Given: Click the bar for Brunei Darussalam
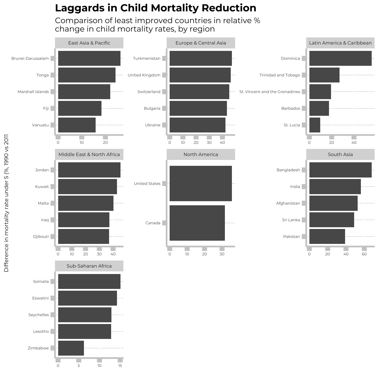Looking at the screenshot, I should tap(89, 58).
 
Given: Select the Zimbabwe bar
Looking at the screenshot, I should tap(71, 348).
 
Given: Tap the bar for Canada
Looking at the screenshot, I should tap(197, 223).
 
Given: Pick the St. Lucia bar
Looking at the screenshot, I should tap(315, 125).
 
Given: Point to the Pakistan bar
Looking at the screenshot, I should tap(327, 236).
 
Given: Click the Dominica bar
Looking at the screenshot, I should tap(340, 58).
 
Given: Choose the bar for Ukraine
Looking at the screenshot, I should tap(197, 125).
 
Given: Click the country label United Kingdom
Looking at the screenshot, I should tap(144, 75).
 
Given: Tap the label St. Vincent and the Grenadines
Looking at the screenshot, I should tap(270, 92).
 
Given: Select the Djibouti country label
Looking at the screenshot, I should tap(41, 237).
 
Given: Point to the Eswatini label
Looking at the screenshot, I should tap(40, 298).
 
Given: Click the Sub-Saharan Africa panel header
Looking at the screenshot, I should tap(89, 266).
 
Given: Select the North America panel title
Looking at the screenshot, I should tap(201, 154).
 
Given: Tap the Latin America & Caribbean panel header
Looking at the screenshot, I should tap(340, 43).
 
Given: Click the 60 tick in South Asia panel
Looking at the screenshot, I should tap(364, 254).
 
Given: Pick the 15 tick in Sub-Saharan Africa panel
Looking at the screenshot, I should tap(120, 366).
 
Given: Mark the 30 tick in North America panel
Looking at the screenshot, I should tap(222, 254).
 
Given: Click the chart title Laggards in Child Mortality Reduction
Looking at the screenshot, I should tap(156, 8).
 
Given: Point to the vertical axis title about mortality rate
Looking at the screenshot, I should tap(6, 203).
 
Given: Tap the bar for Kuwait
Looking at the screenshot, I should tap(87, 187).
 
